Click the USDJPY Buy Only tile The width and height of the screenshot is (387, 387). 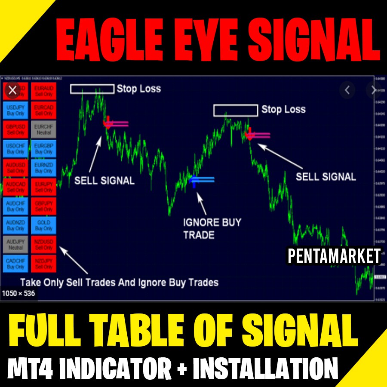pyautogui.click(x=16, y=110)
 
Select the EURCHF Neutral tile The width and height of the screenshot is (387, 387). pyautogui.click(x=44, y=129)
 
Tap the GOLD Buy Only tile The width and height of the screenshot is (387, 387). pyautogui.click(x=44, y=225)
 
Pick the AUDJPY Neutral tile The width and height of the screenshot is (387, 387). pyautogui.click(x=16, y=244)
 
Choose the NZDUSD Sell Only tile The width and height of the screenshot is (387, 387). pyautogui.click(x=44, y=244)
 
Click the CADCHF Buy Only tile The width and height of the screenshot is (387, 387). pyautogui.click(x=16, y=263)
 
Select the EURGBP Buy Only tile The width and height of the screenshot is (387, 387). pyautogui.click(x=44, y=148)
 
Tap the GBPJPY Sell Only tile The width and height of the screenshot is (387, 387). pyautogui.click(x=44, y=206)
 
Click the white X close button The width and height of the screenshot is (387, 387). pyautogui.click(x=12, y=90)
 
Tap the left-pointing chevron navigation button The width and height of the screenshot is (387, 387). pyautogui.click(x=347, y=90)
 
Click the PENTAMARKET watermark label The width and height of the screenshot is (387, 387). pyautogui.click(x=334, y=256)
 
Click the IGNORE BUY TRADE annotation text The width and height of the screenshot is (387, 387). pyautogui.click(x=212, y=229)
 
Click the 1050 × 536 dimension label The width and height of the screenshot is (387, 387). pyautogui.click(x=18, y=294)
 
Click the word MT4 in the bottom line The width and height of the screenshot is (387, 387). pyautogui.click(x=32, y=369)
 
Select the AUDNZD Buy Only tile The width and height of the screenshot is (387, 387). pyautogui.click(x=16, y=225)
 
